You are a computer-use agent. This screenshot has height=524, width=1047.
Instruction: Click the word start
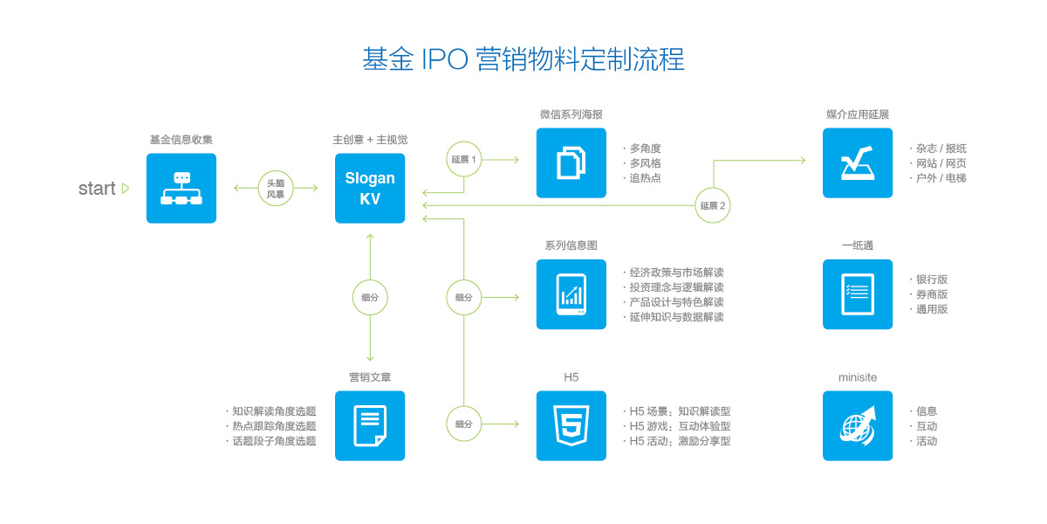[x=97, y=189]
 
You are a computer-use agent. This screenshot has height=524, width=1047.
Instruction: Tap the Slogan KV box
[x=370, y=188]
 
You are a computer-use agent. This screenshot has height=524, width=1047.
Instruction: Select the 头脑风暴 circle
[x=276, y=188]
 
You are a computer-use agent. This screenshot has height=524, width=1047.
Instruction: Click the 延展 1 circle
[x=463, y=159]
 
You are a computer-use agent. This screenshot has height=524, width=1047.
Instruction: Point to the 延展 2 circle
[x=713, y=205]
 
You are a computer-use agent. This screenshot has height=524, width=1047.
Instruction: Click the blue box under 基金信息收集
[x=181, y=188]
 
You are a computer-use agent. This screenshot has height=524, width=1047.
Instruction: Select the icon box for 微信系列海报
[x=571, y=162]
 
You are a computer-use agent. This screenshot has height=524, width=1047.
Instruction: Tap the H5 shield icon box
[x=571, y=426]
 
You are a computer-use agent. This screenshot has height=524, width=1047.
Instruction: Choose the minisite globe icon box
[x=858, y=426]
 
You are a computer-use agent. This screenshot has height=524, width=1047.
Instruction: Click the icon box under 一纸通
[x=858, y=294]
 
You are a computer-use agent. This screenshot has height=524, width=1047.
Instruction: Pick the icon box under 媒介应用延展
[x=858, y=162]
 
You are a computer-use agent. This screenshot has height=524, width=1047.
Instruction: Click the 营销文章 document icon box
[x=370, y=426]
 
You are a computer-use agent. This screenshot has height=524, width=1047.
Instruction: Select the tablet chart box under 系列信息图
[x=571, y=294]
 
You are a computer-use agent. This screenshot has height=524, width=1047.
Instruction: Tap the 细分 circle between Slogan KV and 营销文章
[x=370, y=297]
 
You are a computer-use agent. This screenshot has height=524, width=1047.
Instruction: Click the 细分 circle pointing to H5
[x=463, y=424]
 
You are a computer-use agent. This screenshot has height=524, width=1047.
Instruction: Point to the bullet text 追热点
[x=645, y=178]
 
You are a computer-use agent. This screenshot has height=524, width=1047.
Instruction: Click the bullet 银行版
[x=932, y=279]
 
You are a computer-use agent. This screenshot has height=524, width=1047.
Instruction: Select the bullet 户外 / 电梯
[x=941, y=178]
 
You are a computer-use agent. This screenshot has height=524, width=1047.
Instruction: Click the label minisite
[x=858, y=377]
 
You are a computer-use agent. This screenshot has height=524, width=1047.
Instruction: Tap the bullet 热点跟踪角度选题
[x=274, y=426]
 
